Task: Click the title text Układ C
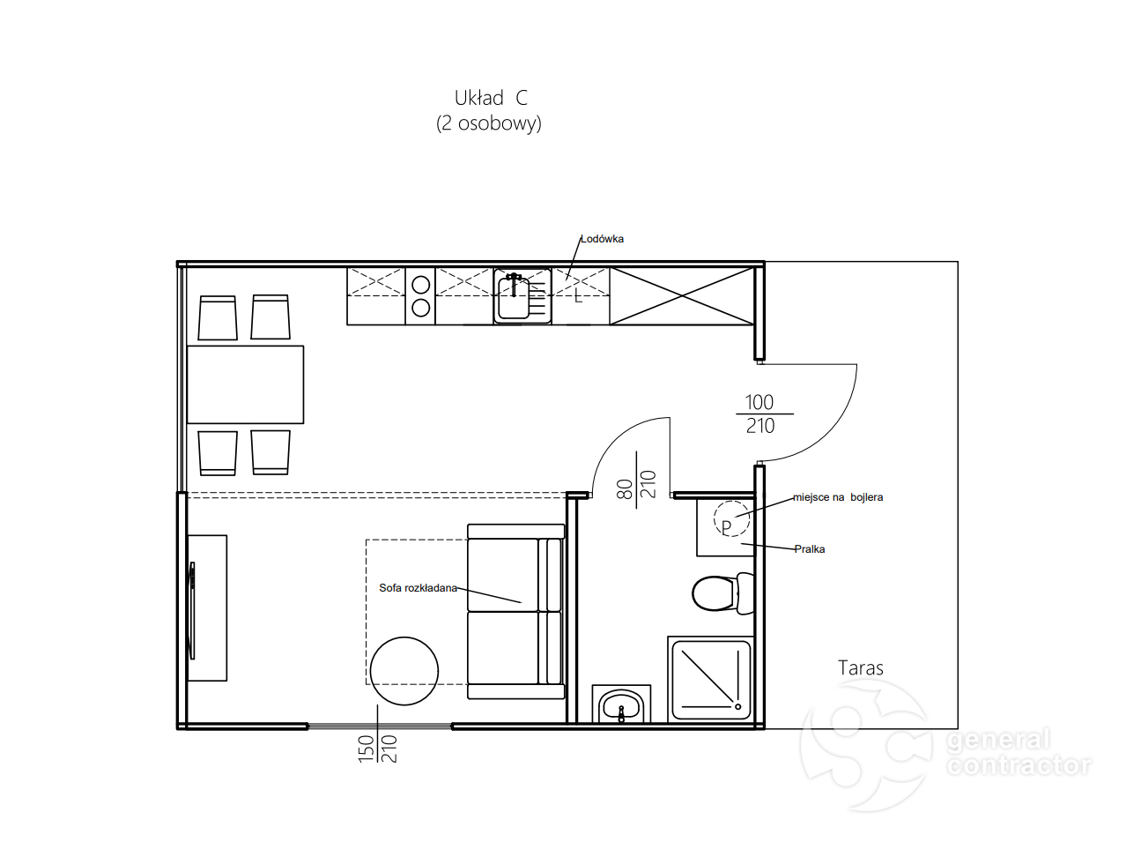(491, 98)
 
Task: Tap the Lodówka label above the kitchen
(602, 239)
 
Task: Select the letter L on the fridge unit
(578, 297)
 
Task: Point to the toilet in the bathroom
(723, 593)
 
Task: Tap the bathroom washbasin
(621, 705)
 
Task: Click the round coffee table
(404, 671)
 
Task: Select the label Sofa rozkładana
(418, 587)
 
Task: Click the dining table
(245, 384)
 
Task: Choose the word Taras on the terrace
(860, 668)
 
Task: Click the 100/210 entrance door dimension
(759, 414)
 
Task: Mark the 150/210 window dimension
(378, 749)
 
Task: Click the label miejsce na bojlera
(837, 497)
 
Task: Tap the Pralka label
(810, 549)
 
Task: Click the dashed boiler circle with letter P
(732, 518)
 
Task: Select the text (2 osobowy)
(489, 123)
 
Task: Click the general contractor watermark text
(1019, 753)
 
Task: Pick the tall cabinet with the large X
(682, 296)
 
